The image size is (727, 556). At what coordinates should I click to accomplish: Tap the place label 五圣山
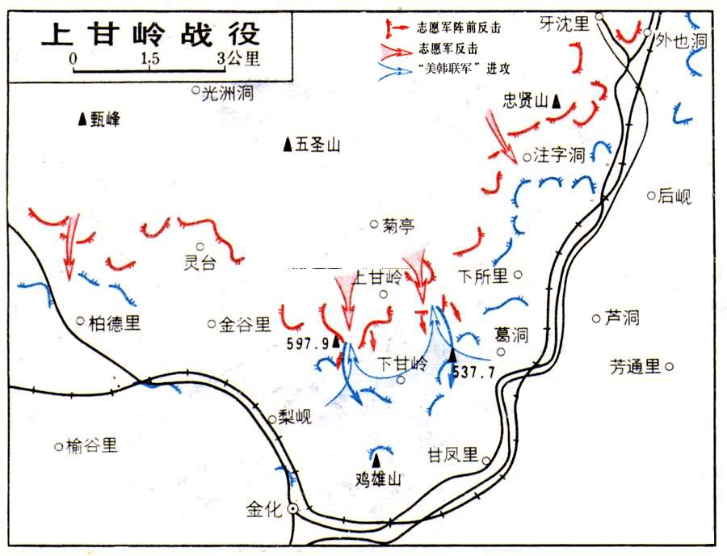point(317,145)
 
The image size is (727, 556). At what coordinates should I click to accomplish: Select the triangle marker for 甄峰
point(82,119)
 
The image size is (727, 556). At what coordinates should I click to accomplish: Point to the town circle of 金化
point(292,508)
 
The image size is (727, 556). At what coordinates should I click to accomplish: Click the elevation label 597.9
point(308,343)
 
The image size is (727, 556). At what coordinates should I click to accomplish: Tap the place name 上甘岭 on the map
point(377,277)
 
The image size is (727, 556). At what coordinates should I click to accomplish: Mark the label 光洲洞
point(229,93)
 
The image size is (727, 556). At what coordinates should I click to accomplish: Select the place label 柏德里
point(115,323)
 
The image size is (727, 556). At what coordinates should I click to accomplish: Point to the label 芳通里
point(636,367)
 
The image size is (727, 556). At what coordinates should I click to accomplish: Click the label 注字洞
point(559,155)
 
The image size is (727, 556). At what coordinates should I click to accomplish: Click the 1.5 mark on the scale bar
point(149,59)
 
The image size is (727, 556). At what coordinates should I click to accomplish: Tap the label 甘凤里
point(454,454)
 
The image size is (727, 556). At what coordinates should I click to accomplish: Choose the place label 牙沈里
point(565,24)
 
